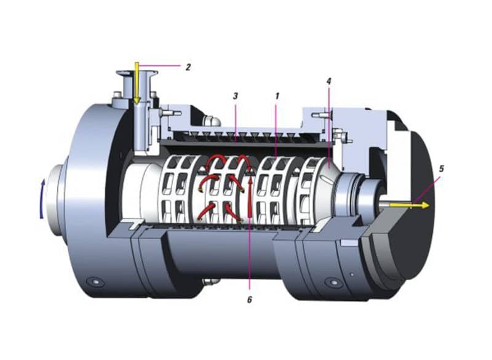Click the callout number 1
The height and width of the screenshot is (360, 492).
click(x=277, y=97)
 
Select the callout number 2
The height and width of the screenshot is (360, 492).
click(x=189, y=66)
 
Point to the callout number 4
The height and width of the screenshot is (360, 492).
click(x=329, y=81)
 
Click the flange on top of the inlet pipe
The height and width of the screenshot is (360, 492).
click(x=136, y=76)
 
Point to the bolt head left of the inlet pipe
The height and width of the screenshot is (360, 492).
click(x=116, y=97)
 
